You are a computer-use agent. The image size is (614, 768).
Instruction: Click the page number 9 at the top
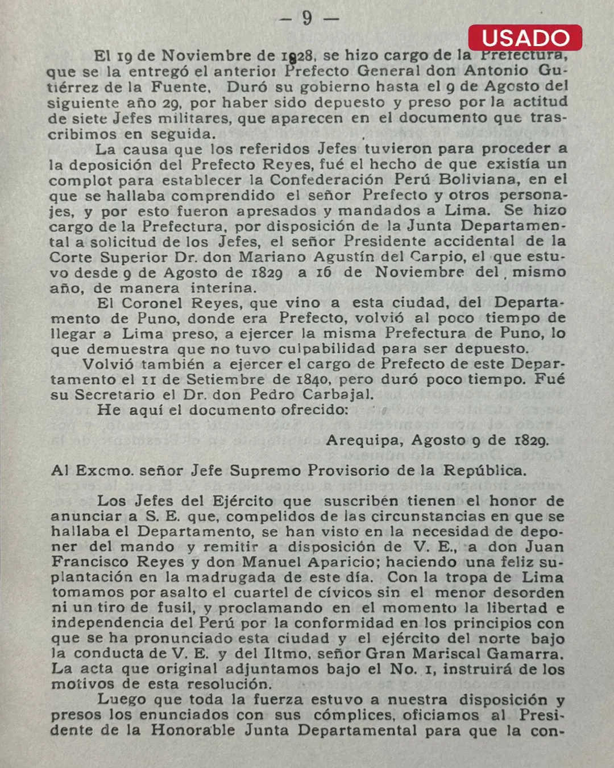(308, 18)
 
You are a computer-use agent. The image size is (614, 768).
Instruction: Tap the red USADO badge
(525, 38)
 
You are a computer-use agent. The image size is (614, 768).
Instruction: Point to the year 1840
(312, 379)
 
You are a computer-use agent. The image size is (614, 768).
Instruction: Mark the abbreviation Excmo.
(104, 471)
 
